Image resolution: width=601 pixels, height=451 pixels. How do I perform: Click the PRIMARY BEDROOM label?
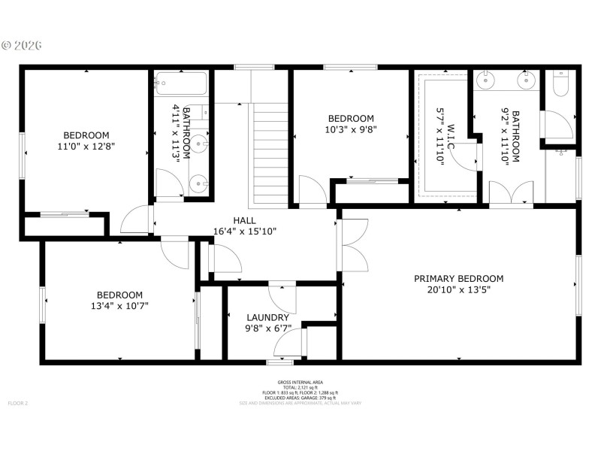point(458,278)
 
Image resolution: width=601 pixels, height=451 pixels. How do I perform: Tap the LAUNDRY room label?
point(267,317)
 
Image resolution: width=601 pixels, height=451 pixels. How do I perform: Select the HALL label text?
point(244,220)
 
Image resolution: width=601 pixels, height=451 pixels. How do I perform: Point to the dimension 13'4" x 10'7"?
point(119,306)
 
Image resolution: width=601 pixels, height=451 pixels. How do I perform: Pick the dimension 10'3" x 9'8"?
point(351,129)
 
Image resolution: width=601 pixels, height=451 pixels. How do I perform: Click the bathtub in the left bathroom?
point(183,83)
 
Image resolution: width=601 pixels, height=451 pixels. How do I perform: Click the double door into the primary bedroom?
point(353,245)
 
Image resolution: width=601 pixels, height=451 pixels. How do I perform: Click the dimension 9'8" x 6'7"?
point(267,328)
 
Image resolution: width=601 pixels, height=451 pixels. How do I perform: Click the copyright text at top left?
point(22,45)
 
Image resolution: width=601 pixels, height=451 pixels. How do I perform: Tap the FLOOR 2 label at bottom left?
point(18,404)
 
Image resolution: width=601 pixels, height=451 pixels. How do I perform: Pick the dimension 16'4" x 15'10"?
point(244,232)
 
